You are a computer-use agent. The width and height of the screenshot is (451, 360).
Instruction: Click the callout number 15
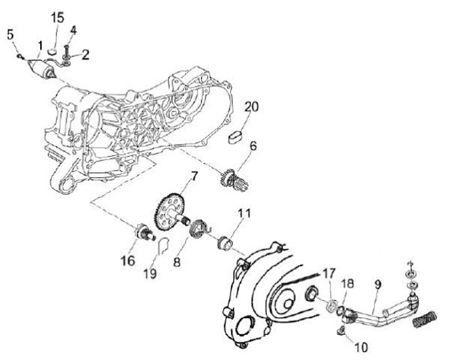57,17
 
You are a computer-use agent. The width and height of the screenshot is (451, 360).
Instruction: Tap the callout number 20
251,108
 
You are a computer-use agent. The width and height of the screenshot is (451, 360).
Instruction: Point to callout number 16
128,260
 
